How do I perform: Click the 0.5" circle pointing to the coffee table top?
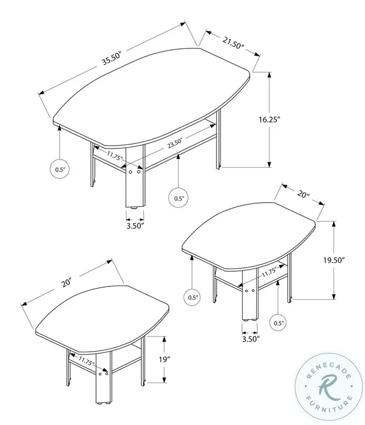coord(59,169)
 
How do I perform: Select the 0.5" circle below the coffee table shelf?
coord(179,198)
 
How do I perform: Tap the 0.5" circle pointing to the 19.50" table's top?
coord(193,297)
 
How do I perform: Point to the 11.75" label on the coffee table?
coord(114,156)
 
